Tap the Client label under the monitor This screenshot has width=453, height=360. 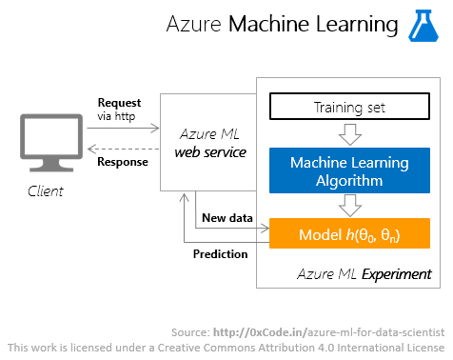[44, 190]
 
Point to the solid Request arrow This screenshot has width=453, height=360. [125, 125]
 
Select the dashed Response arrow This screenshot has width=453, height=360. [125, 146]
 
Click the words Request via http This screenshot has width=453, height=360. [119, 109]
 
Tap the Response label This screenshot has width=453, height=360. [122, 161]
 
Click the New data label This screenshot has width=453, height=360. [227, 218]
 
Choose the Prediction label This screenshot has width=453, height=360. [220, 254]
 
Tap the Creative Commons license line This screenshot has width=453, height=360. [226, 348]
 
